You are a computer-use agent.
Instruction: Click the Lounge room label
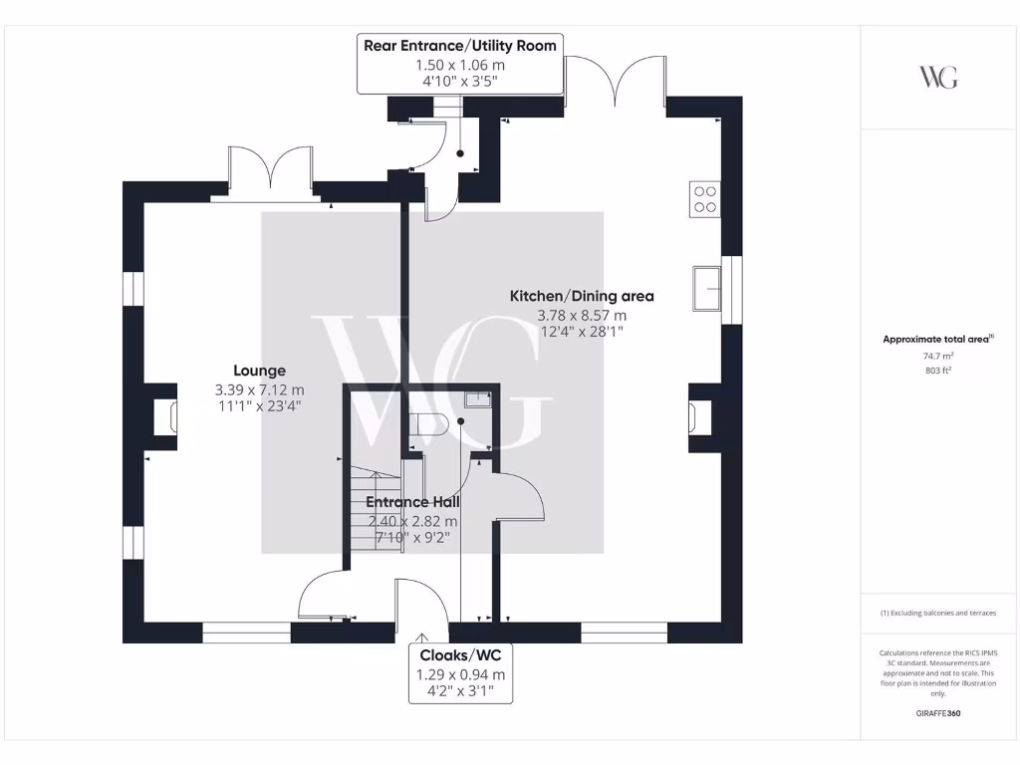click(x=259, y=371)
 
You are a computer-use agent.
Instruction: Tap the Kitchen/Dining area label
click(x=582, y=296)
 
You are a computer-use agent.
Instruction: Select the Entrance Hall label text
click(x=412, y=502)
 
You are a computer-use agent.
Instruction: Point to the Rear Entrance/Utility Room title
click(x=459, y=46)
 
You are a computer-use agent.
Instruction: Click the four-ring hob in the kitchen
click(x=704, y=200)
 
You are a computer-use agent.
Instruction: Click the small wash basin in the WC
click(x=480, y=400)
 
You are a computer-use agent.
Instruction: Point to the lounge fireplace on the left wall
click(x=163, y=416)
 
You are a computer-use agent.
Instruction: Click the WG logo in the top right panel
click(x=937, y=78)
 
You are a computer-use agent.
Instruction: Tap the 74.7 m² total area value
click(x=937, y=356)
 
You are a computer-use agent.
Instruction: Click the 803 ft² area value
click(x=937, y=370)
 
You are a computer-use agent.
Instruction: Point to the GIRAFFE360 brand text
click(x=937, y=713)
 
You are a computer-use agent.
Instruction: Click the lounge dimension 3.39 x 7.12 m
click(x=259, y=389)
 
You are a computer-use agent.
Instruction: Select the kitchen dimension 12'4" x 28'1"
click(x=582, y=332)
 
